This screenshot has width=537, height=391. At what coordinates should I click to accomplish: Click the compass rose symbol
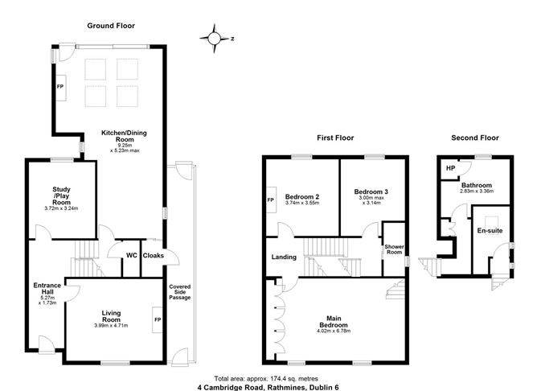[215, 39]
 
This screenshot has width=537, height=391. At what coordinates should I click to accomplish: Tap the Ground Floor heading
[111, 26]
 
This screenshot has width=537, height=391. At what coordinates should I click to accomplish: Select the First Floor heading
[335, 138]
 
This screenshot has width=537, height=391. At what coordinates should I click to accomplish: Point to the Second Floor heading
[475, 138]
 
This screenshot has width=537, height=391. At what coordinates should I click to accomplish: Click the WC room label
[132, 255]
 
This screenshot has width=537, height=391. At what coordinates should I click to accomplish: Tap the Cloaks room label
[153, 256]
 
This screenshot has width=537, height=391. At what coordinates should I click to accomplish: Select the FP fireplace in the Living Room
[158, 319]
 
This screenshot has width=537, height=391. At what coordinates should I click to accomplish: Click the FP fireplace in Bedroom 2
[271, 200]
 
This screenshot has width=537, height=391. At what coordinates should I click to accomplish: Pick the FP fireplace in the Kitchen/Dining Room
[61, 87]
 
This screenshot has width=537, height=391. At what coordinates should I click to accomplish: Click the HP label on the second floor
[451, 168]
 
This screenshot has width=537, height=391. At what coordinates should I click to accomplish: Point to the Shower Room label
[394, 249]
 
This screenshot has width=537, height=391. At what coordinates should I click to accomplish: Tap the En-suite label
[490, 231]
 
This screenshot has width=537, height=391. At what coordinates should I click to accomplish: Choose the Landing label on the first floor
[284, 257]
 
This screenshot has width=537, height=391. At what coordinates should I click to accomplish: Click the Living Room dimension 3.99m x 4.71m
[111, 326]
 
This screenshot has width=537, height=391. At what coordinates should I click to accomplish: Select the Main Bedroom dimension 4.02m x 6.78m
[334, 331]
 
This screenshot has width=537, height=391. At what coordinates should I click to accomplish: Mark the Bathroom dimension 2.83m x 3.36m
[477, 191]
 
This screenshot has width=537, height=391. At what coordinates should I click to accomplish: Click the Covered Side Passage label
[180, 292]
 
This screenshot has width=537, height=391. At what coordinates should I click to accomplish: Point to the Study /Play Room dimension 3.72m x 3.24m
[61, 208]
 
